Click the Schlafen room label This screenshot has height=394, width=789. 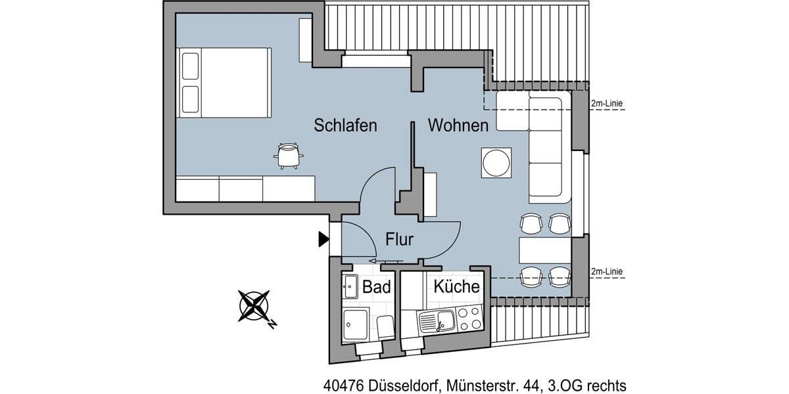[345, 125]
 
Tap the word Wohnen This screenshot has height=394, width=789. [458, 125]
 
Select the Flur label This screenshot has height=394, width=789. [399, 239]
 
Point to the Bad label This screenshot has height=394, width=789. [377, 287]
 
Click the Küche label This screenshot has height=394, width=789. [456, 287]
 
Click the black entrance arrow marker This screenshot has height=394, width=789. [323, 240]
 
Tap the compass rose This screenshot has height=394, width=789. [255, 305]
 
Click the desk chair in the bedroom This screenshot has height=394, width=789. [287, 156]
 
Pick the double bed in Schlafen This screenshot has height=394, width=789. [224, 82]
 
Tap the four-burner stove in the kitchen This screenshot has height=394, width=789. [469, 318]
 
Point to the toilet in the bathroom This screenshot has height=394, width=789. [385, 326]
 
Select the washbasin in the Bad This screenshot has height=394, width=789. [349, 286]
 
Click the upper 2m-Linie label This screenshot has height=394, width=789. [606, 103]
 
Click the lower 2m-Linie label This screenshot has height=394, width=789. [606, 271]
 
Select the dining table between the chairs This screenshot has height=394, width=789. [544, 250]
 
